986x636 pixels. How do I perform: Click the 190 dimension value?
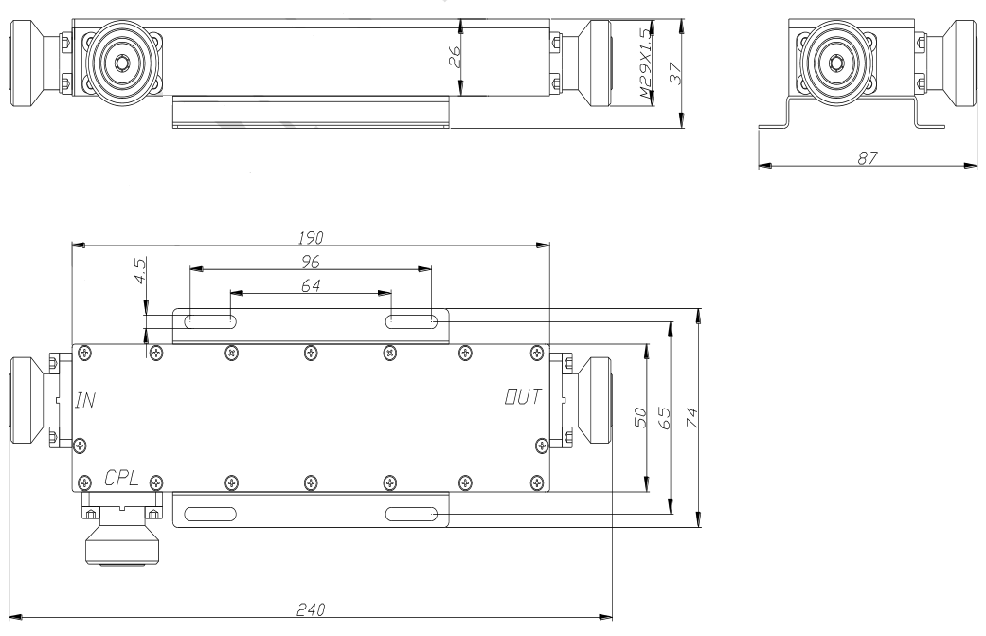click(x=311, y=237)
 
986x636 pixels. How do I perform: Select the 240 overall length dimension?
click(x=311, y=609)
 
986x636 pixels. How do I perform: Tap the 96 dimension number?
click(x=311, y=261)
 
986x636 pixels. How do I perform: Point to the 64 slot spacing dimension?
click(x=311, y=285)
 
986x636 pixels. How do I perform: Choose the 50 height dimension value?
click(x=640, y=418)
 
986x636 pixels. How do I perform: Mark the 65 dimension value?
click(x=665, y=418)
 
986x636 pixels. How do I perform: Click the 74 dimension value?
click(x=691, y=418)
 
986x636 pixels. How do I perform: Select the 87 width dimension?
click(x=868, y=158)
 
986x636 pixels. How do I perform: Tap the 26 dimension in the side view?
click(x=456, y=57)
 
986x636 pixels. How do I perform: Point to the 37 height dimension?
click(x=674, y=72)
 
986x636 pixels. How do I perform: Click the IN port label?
click(x=85, y=400)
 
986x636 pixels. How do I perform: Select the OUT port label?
click(x=523, y=396)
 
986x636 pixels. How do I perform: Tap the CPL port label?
click(x=121, y=479)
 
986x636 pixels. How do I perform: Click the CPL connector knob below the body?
click(x=122, y=543)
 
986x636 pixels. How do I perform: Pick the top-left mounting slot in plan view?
click(x=210, y=321)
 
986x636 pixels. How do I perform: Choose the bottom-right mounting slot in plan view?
click(x=411, y=515)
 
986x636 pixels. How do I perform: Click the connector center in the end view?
click(x=835, y=63)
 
